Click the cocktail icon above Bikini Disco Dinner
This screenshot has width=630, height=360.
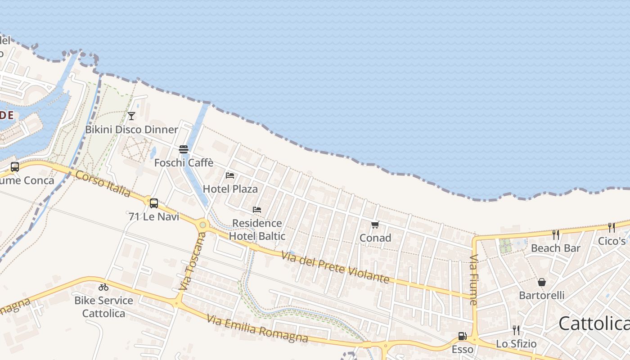tap(131, 116)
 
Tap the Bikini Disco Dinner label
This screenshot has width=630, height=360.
tap(132, 130)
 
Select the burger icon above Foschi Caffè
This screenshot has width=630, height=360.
tap(184, 149)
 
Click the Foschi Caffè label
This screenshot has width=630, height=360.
tap(184, 163)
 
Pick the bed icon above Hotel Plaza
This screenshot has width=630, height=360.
tap(230, 175)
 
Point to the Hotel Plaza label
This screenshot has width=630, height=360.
tap(230, 189)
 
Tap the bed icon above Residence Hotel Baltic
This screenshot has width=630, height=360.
tap(257, 210)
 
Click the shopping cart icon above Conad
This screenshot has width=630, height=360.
tap(375, 225)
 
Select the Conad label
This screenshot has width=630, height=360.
tap(375, 238)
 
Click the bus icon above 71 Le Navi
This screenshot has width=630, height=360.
tap(154, 203)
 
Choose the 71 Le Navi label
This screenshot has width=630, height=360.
tap(154, 217)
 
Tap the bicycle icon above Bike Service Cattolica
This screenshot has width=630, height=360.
tap(103, 287)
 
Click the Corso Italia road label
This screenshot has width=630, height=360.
tap(103, 184)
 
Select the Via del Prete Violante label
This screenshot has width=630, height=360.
tap(335, 267)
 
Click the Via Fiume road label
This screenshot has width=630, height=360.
tap(473, 280)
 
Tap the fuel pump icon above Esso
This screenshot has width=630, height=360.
tap(462, 336)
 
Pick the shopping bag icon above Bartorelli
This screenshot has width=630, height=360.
tap(542, 282)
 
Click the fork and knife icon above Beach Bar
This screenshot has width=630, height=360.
tap(556, 234)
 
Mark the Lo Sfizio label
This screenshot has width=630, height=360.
tap(516, 344)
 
